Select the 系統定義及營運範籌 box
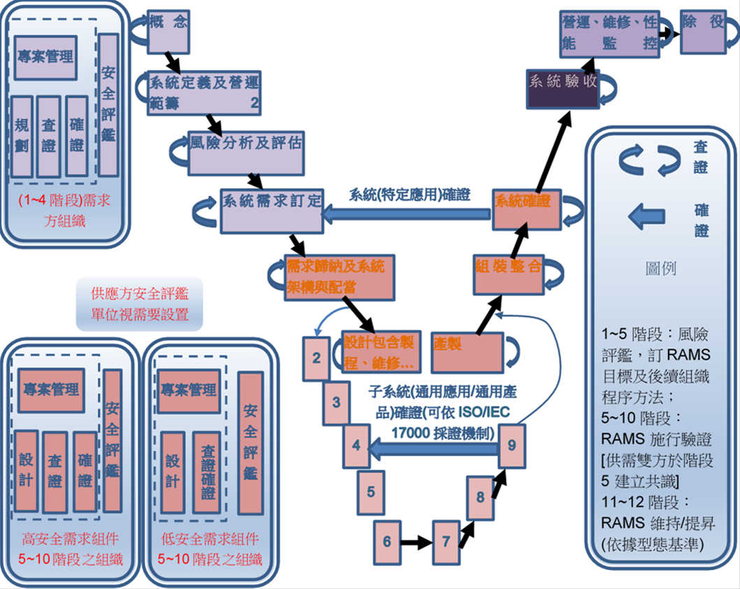point(204,92)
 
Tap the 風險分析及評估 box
point(247,152)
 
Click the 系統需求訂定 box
point(272,210)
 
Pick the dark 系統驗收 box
point(562,89)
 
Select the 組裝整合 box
point(509,273)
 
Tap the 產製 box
point(467,351)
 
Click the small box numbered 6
point(386,541)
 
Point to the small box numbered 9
point(512,445)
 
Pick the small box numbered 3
point(336,402)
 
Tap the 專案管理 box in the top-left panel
point(45,56)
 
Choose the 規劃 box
point(22,136)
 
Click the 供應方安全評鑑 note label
point(140,303)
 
